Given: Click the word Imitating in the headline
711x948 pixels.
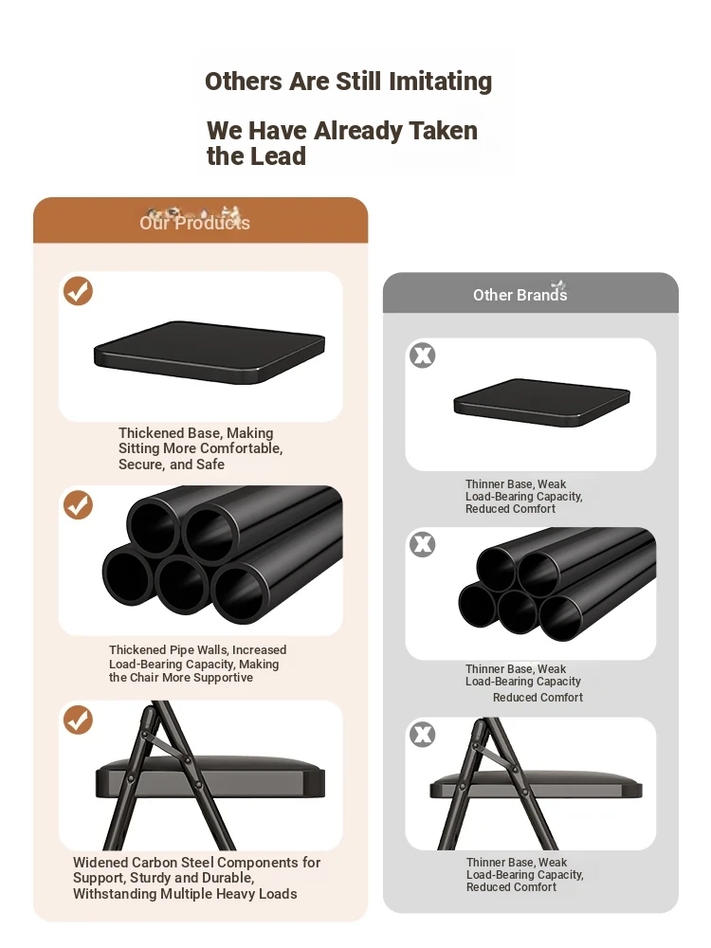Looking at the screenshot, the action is click(440, 82).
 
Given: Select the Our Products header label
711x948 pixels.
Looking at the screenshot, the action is click(194, 223).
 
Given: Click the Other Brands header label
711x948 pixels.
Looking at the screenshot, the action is click(520, 295).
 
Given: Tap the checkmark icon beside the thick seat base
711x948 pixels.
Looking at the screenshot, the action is click(78, 291).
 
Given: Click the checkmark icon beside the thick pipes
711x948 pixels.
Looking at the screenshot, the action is click(78, 505).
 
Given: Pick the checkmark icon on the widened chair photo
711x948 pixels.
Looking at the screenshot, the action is click(78, 720).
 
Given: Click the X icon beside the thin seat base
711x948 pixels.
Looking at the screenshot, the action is click(423, 355).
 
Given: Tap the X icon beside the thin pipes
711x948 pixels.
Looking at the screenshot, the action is click(423, 544).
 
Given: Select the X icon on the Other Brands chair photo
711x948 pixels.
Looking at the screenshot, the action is click(423, 735).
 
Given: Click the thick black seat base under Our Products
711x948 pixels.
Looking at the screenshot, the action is click(210, 352).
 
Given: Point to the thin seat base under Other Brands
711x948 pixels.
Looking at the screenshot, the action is click(541, 402).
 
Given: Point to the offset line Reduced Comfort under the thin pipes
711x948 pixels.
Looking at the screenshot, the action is click(538, 698).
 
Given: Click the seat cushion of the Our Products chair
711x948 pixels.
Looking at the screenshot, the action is click(210, 776).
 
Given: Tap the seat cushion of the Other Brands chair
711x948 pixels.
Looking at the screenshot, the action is click(537, 784).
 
